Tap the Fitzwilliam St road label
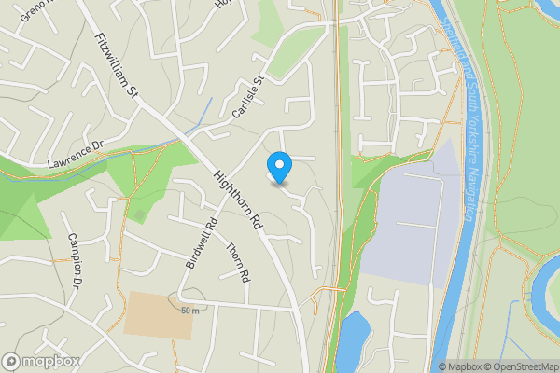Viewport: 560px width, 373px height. (117, 66)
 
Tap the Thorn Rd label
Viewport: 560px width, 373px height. (239, 263)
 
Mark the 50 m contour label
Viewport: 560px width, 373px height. (191, 310)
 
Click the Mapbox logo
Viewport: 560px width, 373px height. (40, 361)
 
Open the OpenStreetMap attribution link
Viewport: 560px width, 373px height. (518, 366)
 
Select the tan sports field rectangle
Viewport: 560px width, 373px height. (157, 315)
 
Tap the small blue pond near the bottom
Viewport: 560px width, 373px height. (354, 338)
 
